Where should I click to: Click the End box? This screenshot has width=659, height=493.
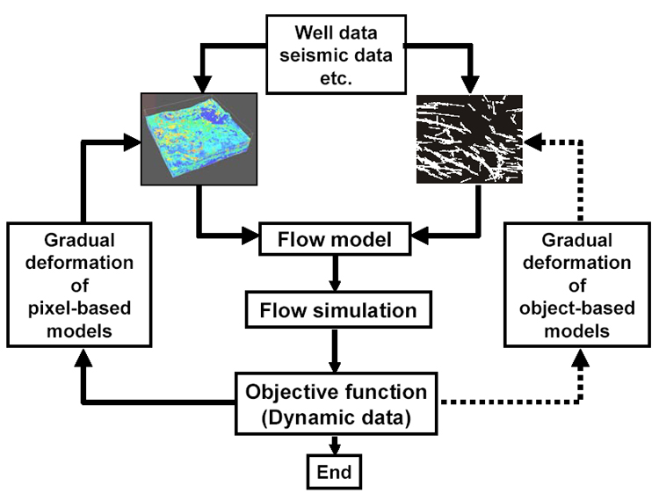coord(334,472)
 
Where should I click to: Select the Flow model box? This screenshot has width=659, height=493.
coord(335,239)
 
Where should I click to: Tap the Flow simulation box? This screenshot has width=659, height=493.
coord(338,310)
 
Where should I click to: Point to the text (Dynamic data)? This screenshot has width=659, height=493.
coord(337,417)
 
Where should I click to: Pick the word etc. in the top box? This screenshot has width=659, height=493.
coord(336,78)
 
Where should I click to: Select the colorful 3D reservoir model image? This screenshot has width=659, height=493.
coord(199,139)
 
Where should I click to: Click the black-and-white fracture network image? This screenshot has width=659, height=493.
coord(469,139)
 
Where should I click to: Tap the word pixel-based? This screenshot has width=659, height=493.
coord(79,308)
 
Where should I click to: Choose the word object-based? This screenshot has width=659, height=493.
coord(577,308)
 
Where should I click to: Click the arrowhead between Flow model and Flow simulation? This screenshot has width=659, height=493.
coord(335,284)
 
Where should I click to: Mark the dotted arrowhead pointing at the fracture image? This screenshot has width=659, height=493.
coord(533,142)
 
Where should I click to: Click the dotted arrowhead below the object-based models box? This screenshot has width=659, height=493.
coord(581,358)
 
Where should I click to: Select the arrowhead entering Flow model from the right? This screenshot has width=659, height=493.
coord(420,236)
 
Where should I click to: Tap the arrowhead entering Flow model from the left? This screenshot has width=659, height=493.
coord(250,236)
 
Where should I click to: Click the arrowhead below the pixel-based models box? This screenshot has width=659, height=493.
coord(83,358)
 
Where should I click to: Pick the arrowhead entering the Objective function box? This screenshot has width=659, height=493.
coord(335,366)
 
